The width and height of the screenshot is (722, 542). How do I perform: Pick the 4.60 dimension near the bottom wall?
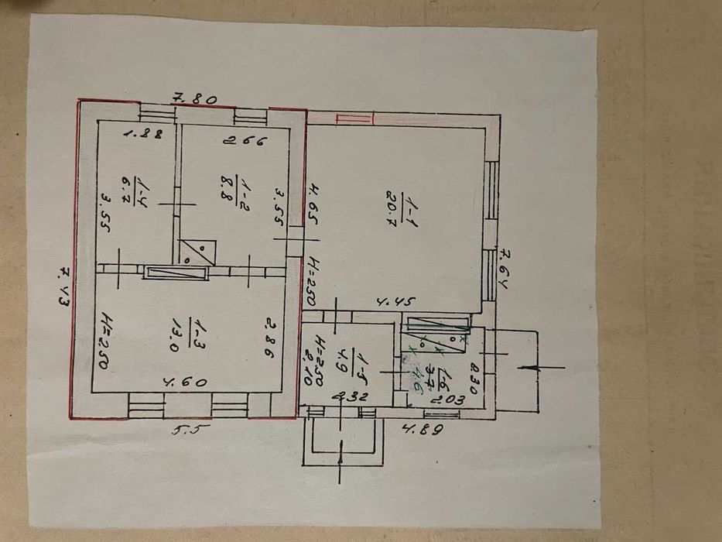click(179, 382)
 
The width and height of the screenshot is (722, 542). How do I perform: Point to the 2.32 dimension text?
click(348, 397)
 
